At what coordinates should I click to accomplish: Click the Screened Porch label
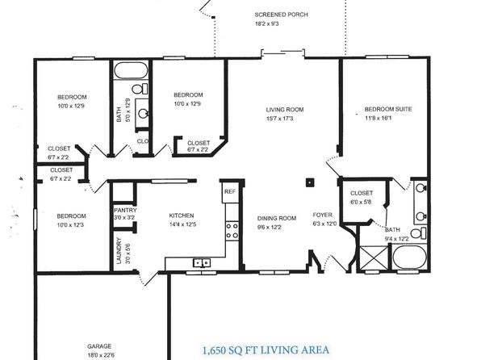(x=282, y=15)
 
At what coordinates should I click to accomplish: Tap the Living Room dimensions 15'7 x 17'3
(x=279, y=119)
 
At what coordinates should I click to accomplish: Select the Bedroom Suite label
(x=388, y=109)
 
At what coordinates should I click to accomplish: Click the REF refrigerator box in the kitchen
(x=230, y=191)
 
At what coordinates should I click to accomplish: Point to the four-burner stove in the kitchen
(x=232, y=231)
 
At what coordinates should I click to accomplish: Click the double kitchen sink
(x=202, y=262)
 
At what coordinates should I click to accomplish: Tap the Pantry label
(x=125, y=210)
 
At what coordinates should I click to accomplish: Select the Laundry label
(x=119, y=251)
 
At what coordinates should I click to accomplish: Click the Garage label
(x=99, y=346)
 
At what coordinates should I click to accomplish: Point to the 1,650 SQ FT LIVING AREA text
(x=266, y=350)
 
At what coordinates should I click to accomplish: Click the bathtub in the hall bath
(x=131, y=70)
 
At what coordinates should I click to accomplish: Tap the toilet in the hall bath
(x=140, y=89)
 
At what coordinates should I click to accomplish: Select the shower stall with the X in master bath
(x=374, y=258)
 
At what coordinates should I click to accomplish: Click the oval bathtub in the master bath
(x=409, y=257)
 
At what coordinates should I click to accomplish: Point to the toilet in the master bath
(x=418, y=233)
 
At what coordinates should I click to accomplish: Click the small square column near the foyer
(x=310, y=182)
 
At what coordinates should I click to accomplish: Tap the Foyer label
(x=322, y=215)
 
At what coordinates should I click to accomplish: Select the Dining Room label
(x=277, y=218)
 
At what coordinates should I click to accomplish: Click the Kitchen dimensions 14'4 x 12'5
(x=182, y=224)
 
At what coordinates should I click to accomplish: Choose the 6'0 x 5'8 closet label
(x=361, y=202)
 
